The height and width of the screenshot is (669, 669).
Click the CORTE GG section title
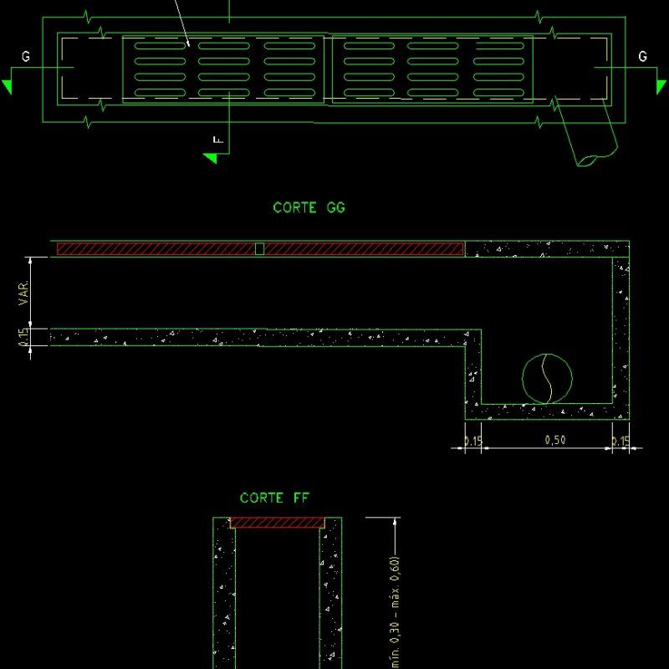309,208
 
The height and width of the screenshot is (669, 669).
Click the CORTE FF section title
274,498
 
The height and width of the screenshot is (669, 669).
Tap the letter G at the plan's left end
26,57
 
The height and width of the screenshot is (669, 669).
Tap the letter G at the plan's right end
642,57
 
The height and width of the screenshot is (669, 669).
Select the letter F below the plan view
220,140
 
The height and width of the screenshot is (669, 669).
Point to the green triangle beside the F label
211,157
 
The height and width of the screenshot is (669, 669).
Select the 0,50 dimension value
549,441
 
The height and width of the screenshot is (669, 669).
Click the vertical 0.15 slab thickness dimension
24,338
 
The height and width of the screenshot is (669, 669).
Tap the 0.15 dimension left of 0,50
473,442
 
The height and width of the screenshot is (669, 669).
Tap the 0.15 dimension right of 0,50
620,442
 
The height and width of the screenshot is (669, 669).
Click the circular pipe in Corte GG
548,379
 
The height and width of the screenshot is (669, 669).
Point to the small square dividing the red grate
259,248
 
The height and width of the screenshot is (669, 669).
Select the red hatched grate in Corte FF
277,523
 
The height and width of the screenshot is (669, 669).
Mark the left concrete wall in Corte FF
223,594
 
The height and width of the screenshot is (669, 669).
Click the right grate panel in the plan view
432,69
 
